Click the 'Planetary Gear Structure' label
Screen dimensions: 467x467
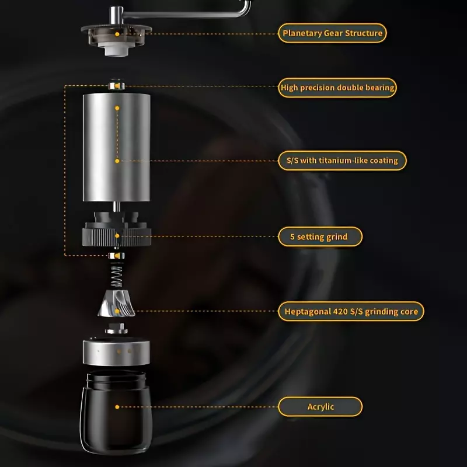coord(332,33)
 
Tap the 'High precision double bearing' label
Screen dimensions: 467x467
coord(337,88)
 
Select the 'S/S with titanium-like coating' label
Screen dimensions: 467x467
coord(342,161)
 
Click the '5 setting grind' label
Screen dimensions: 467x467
coord(320,237)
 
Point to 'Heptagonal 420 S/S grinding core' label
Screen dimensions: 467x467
coord(351,312)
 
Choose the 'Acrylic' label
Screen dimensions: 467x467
coord(320,407)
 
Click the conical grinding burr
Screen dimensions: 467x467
coord(116,304)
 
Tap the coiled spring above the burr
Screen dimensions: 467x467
coord(116,275)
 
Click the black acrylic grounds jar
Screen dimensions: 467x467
coord(116,412)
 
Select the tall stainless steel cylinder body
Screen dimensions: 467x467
coord(116,147)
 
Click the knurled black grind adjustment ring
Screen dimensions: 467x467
coord(116,237)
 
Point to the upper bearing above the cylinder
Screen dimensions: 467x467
coord(116,85)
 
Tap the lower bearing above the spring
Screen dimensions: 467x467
coord(116,256)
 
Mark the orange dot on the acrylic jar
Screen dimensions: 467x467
coord(117,407)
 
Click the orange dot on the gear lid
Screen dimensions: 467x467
coord(117,34)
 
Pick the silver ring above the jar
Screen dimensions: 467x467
coord(116,352)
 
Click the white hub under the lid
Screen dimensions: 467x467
coord(116,50)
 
